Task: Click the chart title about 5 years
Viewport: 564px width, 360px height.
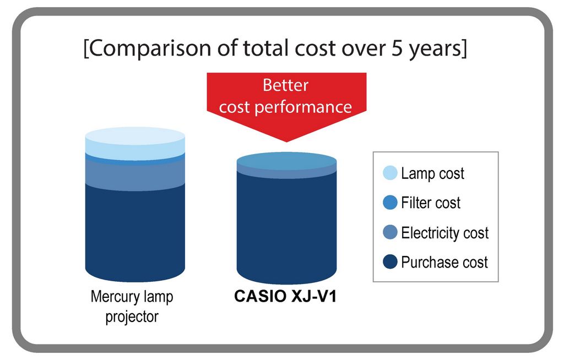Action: click(x=275, y=48)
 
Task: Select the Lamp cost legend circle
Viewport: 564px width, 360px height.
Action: click(x=390, y=173)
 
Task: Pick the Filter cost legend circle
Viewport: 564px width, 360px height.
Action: click(x=390, y=203)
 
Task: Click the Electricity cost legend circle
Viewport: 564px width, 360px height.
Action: click(x=390, y=232)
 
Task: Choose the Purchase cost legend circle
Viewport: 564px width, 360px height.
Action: click(x=390, y=262)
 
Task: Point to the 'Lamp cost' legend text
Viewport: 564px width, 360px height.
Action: click(x=432, y=173)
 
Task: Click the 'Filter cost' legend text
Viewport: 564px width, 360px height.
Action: click(x=431, y=203)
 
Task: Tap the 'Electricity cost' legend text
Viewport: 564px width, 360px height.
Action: click(x=445, y=233)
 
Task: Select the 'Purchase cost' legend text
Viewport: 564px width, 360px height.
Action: click(x=444, y=262)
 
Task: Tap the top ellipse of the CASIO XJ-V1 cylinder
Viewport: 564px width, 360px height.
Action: click(x=286, y=161)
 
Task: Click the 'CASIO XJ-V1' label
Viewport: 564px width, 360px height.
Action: click(x=285, y=296)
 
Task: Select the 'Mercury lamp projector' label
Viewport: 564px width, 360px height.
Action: click(x=132, y=307)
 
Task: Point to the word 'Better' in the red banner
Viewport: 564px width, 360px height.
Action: click(x=286, y=85)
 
